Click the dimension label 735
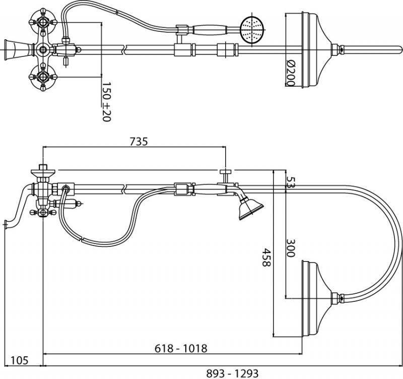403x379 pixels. point(139,142)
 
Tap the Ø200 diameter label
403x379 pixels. point(290,73)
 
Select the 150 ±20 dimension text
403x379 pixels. point(106,102)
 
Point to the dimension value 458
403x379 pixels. point(266,257)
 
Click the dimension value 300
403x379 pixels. point(291,248)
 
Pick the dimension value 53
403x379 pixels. point(291,182)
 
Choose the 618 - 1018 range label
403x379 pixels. point(181,348)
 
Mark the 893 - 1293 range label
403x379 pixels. point(232,373)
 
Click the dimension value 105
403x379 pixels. point(19,360)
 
